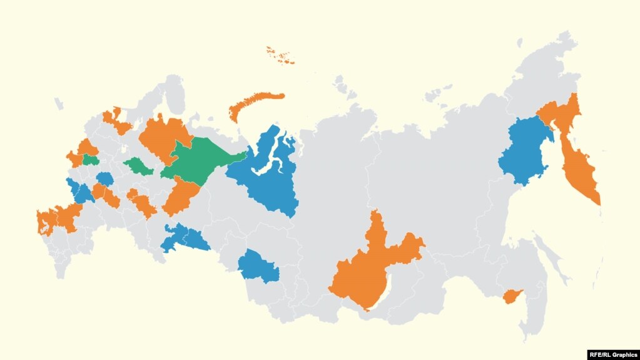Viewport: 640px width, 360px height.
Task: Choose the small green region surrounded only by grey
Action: [138, 167]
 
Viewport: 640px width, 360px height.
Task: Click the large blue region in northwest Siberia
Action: [266, 172]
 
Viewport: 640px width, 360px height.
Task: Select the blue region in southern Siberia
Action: [258, 266]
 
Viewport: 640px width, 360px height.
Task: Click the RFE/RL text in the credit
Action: [600, 354]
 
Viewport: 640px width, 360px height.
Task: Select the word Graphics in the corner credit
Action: [624, 354]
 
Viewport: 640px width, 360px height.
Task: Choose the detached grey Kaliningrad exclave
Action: [59, 103]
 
